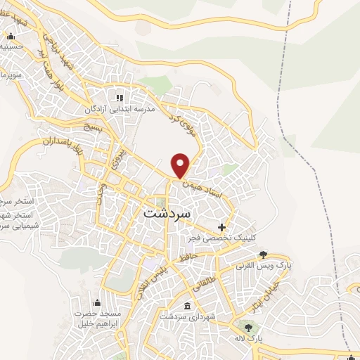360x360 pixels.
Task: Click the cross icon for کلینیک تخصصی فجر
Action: tap(222, 227)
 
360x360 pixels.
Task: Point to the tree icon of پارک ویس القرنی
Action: tap(264, 255)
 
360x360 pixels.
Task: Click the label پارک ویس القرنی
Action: tap(264, 267)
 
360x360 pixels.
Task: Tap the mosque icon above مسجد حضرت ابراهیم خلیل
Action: tap(96, 302)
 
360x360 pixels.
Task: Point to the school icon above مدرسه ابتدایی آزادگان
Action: tap(120, 97)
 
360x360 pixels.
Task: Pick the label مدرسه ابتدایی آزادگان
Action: tap(120, 109)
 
